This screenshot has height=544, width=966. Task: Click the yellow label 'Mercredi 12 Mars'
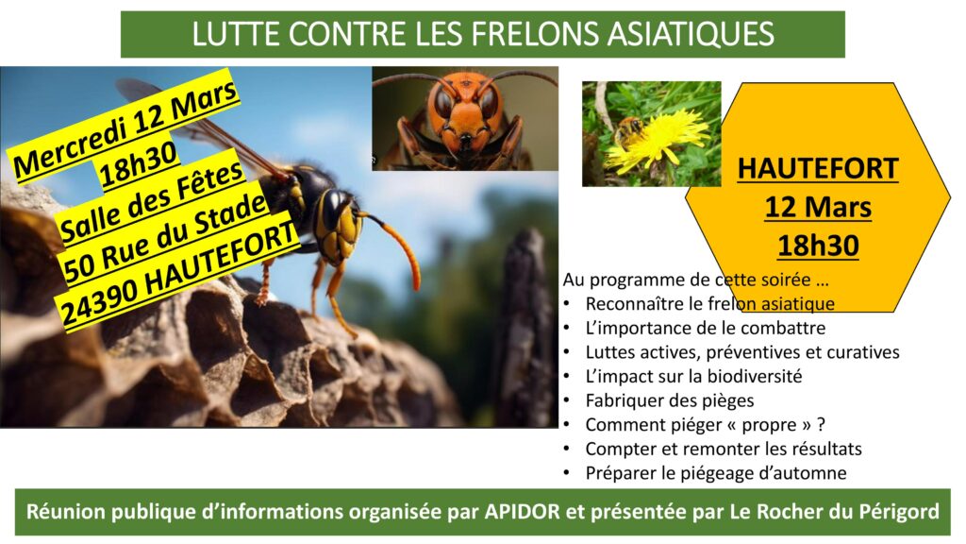click(125, 128)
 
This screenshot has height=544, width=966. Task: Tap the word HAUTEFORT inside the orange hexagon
click(818, 168)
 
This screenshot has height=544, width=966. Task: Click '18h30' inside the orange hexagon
click(818, 246)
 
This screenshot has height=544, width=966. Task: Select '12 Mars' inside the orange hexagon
click(818, 207)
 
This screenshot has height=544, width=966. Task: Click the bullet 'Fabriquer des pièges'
click(669, 400)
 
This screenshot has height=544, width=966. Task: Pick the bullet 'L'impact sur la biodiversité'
click(693, 376)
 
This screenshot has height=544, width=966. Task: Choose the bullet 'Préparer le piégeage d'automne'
click(716, 473)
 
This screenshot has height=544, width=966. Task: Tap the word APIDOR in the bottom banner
click(522, 511)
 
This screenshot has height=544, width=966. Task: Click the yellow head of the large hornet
click(339, 227)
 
